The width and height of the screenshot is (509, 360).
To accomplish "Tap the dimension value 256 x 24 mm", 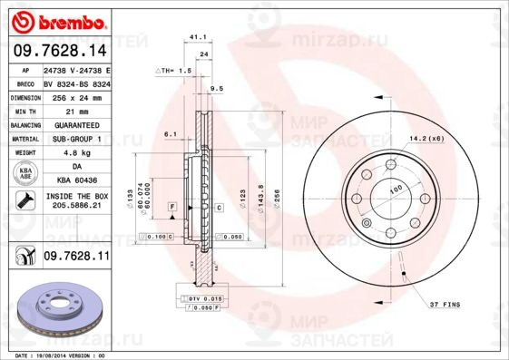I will click(x=76, y=96).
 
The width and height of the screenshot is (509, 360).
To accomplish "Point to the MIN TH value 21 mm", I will click(x=76, y=110).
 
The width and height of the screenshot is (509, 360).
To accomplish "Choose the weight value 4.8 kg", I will click(x=76, y=153).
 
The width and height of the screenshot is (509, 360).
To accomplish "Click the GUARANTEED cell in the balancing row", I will click(x=76, y=124).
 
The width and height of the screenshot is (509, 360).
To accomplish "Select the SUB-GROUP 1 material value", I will click(x=76, y=139).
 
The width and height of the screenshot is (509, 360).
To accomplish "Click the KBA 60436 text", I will click(x=76, y=180).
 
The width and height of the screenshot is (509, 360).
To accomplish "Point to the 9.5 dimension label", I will click(x=216, y=88).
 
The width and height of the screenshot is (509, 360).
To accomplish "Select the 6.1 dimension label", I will click(x=170, y=133).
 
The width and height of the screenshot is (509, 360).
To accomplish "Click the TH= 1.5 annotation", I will click(x=174, y=70).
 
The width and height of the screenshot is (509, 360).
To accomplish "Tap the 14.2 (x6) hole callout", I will click(x=426, y=138).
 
